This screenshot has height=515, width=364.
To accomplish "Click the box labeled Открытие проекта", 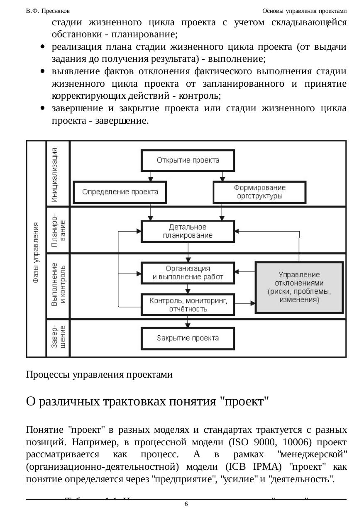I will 188,160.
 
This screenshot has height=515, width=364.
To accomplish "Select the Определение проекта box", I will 120,192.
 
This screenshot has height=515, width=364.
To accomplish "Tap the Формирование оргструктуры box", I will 259,192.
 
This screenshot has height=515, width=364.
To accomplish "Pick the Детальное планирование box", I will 188,231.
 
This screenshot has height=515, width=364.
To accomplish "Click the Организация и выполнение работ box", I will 188,273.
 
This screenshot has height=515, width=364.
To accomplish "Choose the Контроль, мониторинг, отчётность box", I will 188,305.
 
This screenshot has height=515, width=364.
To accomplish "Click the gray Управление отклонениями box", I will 299,287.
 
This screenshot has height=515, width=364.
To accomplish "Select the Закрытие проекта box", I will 188,338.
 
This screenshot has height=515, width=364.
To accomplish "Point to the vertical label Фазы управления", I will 37,253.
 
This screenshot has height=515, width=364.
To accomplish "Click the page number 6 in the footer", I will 186,504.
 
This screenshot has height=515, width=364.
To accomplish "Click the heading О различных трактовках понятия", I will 148,402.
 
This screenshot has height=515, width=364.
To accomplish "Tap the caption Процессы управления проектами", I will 99,375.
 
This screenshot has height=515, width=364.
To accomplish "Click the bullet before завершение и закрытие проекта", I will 43,109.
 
